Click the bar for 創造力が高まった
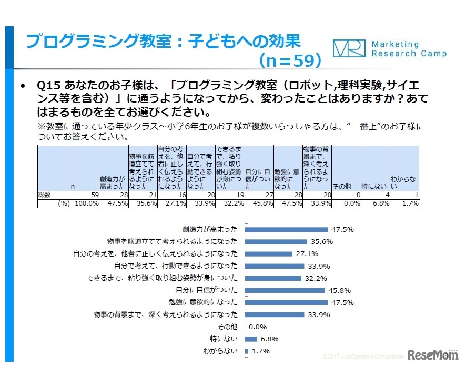pos(286,229)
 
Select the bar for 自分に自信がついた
pos(285,290)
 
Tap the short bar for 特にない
pos(251,339)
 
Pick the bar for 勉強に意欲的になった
pos(286,302)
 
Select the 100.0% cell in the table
pos(85,203)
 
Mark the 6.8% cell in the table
pos(376,203)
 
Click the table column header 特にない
pos(376,186)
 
